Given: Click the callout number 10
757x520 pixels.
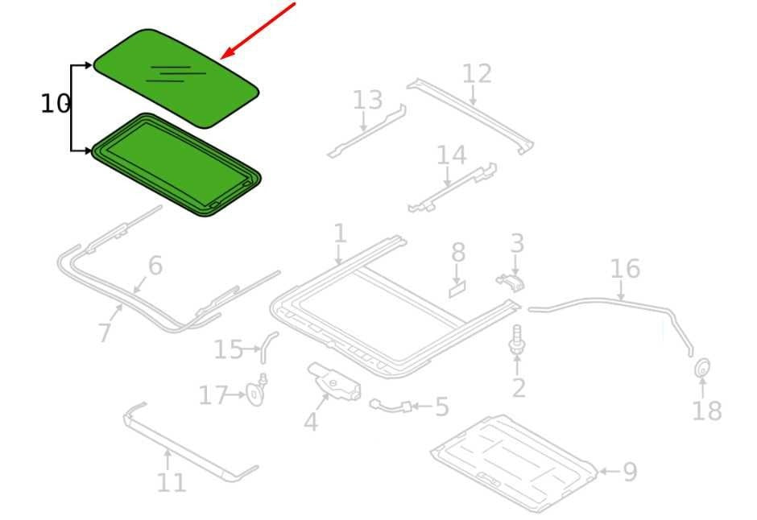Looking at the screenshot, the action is [55, 103].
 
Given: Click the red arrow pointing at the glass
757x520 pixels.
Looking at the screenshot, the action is [258, 31].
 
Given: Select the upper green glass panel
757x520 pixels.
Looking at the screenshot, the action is [176, 78].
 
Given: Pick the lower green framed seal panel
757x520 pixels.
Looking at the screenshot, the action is [176, 164].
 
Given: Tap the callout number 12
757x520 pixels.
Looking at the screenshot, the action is [477, 74].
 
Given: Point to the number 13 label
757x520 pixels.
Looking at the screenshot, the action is [367, 101].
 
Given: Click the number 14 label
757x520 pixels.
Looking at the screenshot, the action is [452, 155].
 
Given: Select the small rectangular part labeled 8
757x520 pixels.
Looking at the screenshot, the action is [457, 291].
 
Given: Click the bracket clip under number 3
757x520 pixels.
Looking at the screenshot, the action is [511, 283].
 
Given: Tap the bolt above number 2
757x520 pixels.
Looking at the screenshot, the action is [516, 340].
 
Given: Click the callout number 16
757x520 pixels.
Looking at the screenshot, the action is [625, 269].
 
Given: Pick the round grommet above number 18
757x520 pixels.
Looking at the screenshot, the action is [702, 368].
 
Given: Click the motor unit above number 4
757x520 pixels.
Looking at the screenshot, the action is [334, 381].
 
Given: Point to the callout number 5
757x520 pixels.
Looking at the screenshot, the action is [442, 407].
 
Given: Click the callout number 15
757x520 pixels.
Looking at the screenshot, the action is [228, 349].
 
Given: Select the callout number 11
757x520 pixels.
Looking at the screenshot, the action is [171, 482].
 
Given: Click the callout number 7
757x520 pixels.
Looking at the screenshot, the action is [105, 332].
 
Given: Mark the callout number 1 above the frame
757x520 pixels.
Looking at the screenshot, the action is [340, 233].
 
